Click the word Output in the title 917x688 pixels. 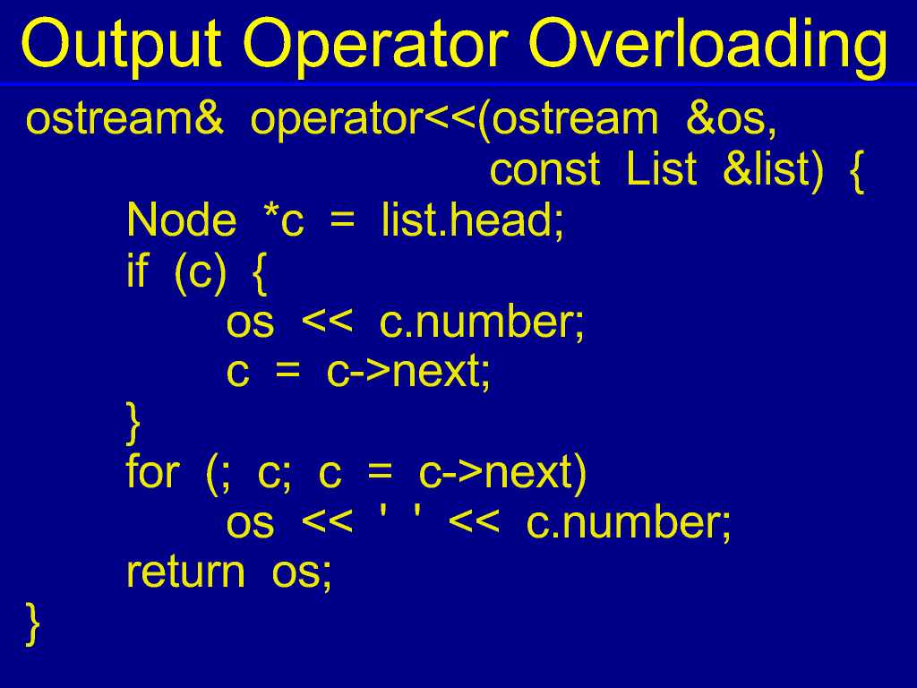pyautogui.click(x=121, y=45)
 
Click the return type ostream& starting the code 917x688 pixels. pyautogui.click(x=124, y=119)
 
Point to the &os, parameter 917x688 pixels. pyautogui.click(x=731, y=119)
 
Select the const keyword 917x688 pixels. pyautogui.click(x=544, y=170)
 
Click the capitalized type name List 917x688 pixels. pyautogui.click(x=661, y=169)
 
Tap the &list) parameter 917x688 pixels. pyautogui.click(x=773, y=170)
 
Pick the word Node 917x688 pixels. pyautogui.click(x=181, y=220)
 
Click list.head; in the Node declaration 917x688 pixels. pyautogui.click(x=473, y=221)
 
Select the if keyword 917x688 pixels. pyautogui.click(x=138, y=271)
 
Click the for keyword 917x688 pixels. pyautogui.click(x=152, y=472)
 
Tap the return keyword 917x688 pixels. pyautogui.click(x=185, y=572)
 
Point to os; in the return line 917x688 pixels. pyautogui.click(x=302, y=574)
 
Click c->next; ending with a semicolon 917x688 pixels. pyautogui.click(x=408, y=372)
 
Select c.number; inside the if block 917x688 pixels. pyautogui.click(x=482, y=322)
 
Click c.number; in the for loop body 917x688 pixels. pyautogui.click(x=629, y=523)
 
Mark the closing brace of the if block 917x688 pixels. pyautogui.click(x=133, y=423)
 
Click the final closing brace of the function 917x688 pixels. pyautogui.click(x=33, y=624)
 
